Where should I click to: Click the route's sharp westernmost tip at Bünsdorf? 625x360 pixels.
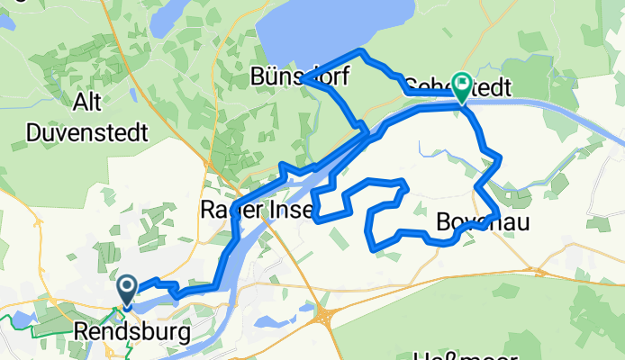[303, 79]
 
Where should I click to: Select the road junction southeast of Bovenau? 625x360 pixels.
[539, 269]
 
